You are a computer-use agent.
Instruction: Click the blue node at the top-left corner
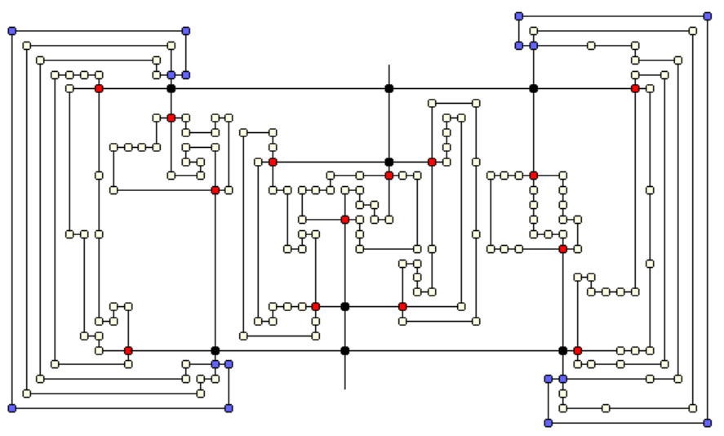point(12,31)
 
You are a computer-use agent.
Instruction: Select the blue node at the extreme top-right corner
point(708,16)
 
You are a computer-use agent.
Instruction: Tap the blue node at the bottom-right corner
point(708,423)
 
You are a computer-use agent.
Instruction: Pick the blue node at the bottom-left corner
point(12,407)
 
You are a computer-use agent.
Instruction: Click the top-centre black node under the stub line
point(389,88)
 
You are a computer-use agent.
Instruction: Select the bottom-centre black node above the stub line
point(345,350)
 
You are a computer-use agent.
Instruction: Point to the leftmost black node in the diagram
point(171,88)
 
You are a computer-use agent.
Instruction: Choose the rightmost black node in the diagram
point(563,350)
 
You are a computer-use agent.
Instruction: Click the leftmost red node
point(99,88)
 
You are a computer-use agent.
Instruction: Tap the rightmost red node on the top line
point(635,88)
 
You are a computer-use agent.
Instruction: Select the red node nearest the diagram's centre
point(345,220)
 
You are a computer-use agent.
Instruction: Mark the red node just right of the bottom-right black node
point(578,350)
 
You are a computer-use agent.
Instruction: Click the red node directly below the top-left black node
point(171,118)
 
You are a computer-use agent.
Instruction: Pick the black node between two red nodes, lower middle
point(345,306)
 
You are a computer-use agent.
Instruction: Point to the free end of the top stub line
point(389,65)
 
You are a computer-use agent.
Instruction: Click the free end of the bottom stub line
point(345,389)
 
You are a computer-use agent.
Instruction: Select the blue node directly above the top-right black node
point(534,46)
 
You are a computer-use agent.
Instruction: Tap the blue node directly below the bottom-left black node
point(215,364)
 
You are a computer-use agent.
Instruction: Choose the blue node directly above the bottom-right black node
point(563,379)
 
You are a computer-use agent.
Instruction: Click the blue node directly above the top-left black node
point(171,74)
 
